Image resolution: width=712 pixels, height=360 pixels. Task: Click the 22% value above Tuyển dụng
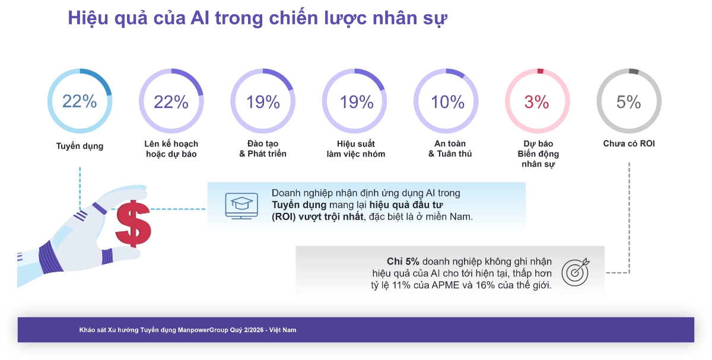click(x=80, y=101)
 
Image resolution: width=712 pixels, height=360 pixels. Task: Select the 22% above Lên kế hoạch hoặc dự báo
click(x=171, y=101)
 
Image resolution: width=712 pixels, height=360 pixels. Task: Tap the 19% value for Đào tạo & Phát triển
click(x=263, y=101)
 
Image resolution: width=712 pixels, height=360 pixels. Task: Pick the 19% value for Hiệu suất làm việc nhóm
click(x=356, y=101)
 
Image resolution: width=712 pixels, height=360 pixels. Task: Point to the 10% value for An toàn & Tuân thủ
click(x=447, y=101)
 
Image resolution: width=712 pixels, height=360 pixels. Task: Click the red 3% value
click(x=536, y=101)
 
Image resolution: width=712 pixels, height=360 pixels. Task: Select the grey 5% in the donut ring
click(x=628, y=101)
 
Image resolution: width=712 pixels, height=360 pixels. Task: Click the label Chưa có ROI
click(x=629, y=144)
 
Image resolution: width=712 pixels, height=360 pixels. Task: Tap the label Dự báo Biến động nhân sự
click(x=538, y=154)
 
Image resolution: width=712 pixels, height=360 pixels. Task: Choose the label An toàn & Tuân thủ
click(x=446, y=149)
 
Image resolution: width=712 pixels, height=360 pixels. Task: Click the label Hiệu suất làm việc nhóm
click(x=356, y=149)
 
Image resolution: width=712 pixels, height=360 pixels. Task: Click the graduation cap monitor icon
click(x=241, y=205)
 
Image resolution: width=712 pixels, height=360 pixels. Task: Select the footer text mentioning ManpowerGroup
click(x=187, y=330)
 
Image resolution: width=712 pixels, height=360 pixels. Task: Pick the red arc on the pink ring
click(x=540, y=71)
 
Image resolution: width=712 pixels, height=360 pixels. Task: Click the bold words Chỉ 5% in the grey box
click(x=403, y=262)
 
